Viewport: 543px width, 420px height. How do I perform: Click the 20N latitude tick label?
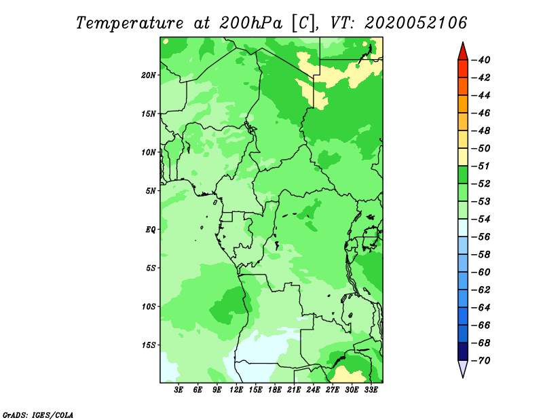[148, 75]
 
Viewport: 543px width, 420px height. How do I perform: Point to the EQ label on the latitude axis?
[150, 230]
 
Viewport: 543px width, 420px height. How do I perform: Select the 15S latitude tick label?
[148, 345]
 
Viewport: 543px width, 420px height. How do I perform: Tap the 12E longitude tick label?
[236, 390]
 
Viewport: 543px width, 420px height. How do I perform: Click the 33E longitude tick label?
[371, 390]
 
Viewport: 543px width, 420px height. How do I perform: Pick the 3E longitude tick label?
[179, 390]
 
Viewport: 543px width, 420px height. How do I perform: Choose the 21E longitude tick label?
[294, 390]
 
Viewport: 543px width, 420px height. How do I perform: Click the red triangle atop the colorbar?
[463, 52]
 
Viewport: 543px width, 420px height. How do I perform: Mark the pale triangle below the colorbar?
[463, 368]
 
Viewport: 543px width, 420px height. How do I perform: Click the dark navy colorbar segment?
[463, 351]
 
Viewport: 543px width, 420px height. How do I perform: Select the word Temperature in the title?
[130, 24]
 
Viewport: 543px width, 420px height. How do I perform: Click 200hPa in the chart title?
[250, 23]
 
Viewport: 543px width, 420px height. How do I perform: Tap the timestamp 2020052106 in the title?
[415, 23]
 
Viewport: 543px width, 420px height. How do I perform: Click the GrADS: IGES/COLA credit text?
[38, 415]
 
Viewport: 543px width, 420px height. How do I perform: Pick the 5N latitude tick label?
[150, 191]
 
